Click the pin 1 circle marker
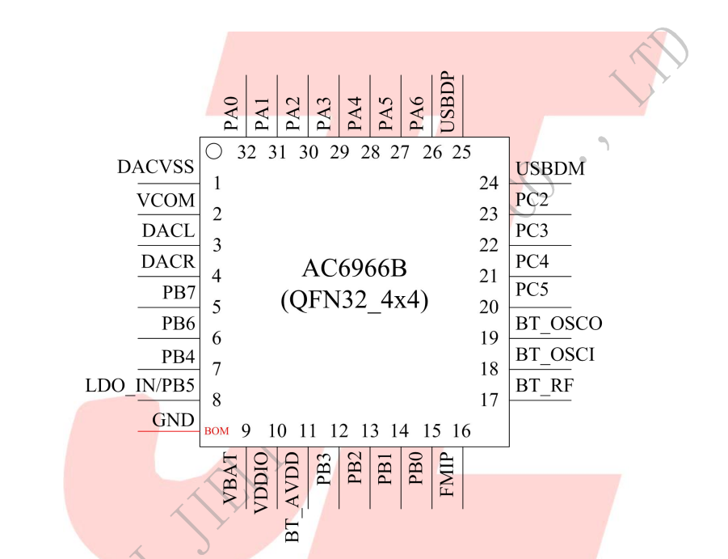[214, 150]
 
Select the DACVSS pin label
[156, 167]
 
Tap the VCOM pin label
[166, 200]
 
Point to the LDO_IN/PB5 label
[140, 385]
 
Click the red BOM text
[217, 431]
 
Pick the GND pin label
[173, 420]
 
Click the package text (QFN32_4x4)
[354, 300]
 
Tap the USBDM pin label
[550, 169]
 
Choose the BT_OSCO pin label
[559, 324]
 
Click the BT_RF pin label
[545, 386]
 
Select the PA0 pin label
[232, 112]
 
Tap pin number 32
[247, 152]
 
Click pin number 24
[488, 183]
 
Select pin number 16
[461, 431]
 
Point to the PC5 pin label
[532, 290]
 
